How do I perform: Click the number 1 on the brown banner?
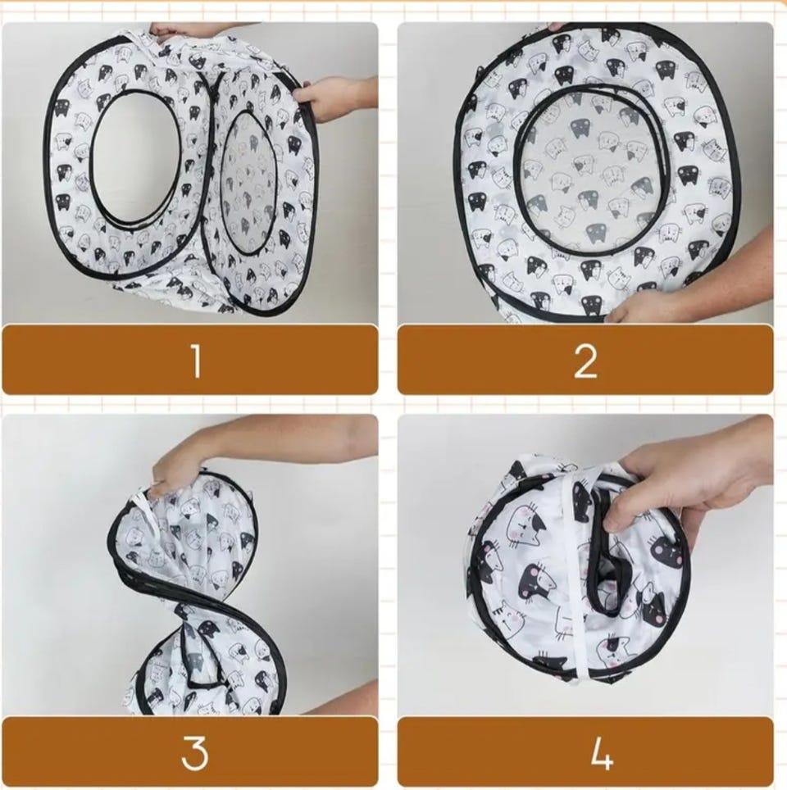pyautogui.click(x=197, y=360)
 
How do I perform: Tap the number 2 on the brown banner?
pyautogui.click(x=586, y=360)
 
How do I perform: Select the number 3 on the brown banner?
pyautogui.click(x=195, y=753)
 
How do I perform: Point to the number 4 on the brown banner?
pyautogui.click(x=601, y=753)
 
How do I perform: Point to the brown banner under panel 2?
pyautogui.click(x=585, y=359)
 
